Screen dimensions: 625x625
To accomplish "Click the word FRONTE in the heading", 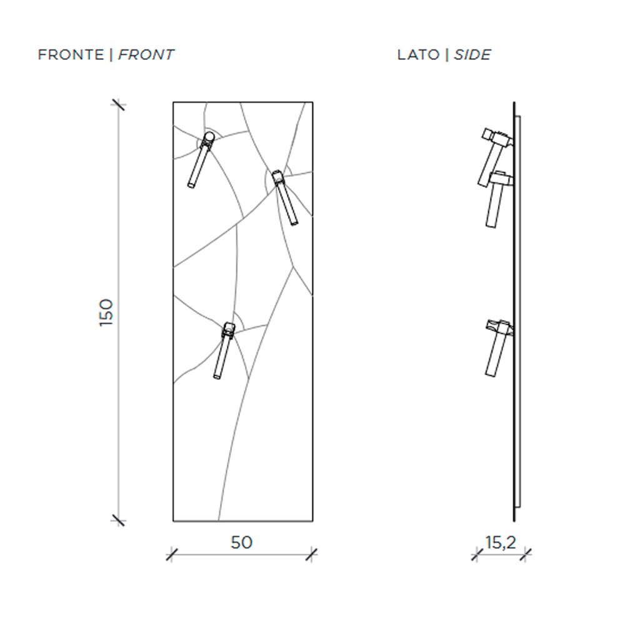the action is pyautogui.click(x=71, y=54).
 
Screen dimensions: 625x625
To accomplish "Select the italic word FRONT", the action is pyautogui.click(x=146, y=54).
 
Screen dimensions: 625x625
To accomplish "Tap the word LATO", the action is pyautogui.click(x=418, y=54).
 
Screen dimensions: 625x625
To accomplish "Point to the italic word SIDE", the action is pyautogui.click(x=472, y=54).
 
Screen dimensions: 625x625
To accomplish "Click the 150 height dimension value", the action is pyautogui.click(x=106, y=312).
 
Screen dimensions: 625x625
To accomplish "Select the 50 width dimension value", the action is pyautogui.click(x=241, y=542).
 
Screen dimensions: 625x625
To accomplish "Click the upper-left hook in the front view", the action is pyautogui.click(x=201, y=160).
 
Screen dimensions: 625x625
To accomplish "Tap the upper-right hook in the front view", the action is pyautogui.click(x=285, y=198).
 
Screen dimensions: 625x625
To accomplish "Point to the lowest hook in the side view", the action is pyautogui.click(x=498, y=347).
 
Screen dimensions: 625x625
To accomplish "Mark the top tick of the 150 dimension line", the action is pyautogui.click(x=118, y=105).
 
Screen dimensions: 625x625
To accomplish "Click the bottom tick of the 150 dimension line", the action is pyautogui.click(x=118, y=520).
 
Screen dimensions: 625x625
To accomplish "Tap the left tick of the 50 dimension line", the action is pyautogui.click(x=172, y=554).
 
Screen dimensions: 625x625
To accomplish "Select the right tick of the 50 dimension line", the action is pyautogui.click(x=312, y=554).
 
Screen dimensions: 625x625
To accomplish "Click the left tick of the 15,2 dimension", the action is pyautogui.click(x=476, y=554).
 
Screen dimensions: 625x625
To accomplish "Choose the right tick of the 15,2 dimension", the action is pyautogui.click(x=526, y=554).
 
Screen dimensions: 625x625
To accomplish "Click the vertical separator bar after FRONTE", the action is pyautogui.click(x=111, y=54).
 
